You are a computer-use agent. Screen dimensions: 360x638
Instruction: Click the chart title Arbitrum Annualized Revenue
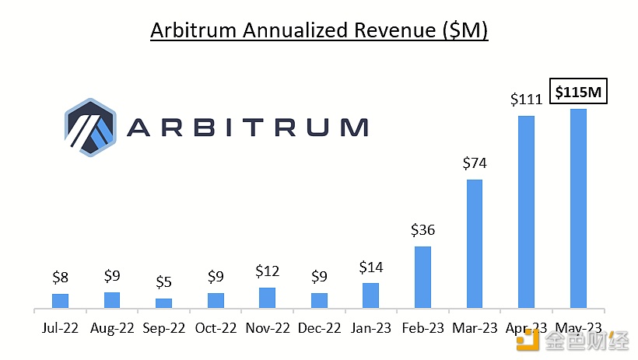tap(318, 30)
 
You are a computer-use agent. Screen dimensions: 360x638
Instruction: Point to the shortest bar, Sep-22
tap(163, 302)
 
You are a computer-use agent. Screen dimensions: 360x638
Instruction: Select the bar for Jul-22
tap(60, 300)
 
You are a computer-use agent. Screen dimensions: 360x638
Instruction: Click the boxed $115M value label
tap(579, 93)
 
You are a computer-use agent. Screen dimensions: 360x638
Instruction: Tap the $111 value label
tap(526, 100)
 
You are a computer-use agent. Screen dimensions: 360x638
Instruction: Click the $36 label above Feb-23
tap(422, 230)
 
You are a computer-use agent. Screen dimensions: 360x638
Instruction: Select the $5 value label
tap(163, 282)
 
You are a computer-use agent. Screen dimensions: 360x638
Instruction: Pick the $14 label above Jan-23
tap(371, 267)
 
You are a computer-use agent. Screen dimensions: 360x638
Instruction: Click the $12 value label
tap(267, 271)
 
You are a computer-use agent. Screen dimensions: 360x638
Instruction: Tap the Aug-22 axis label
tap(112, 329)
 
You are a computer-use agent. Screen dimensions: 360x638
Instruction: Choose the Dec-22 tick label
tap(319, 329)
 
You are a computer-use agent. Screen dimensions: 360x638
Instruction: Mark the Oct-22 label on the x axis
tap(216, 329)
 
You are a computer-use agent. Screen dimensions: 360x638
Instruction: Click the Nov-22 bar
tap(267, 297)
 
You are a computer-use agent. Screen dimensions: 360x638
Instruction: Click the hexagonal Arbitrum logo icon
tap(90, 127)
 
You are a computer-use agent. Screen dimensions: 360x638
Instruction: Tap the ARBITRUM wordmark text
tap(247, 128)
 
